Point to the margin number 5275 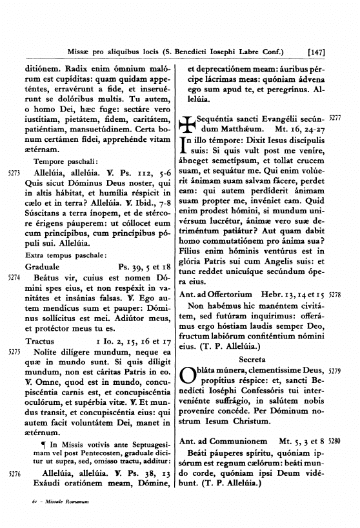point(14,353)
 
